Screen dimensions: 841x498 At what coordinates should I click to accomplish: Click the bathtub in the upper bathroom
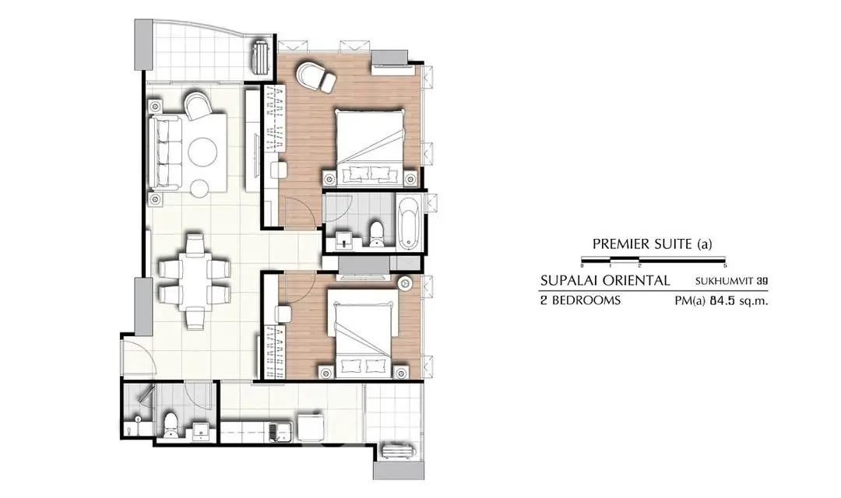tap(411, 223)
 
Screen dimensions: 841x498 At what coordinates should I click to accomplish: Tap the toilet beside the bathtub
tap(377, 233)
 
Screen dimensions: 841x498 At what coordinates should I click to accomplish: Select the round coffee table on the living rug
tap(202, 153)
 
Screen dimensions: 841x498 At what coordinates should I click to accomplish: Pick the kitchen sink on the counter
tap(280, 433)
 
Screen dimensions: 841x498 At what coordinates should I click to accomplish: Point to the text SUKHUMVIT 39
tap(731, 281)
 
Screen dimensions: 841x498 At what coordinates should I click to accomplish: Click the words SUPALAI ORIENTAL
tap(605, 280)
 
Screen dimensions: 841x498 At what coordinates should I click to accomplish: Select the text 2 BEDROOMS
tap(580, 300)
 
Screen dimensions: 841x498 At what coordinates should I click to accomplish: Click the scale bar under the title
tap(653, 261)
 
